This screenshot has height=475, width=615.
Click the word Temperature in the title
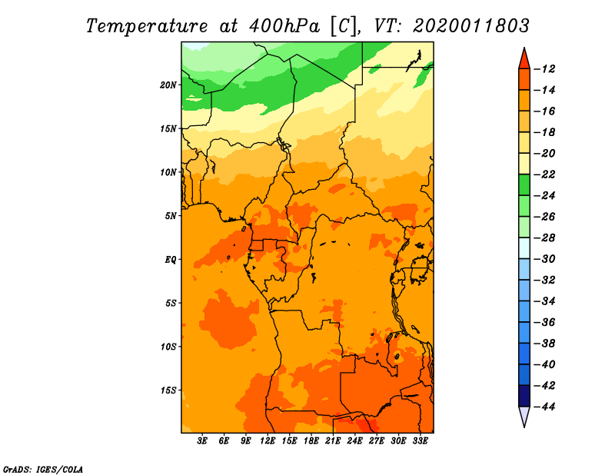[x=147, y=26]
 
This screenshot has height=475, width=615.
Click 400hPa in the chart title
[x=284, y=26]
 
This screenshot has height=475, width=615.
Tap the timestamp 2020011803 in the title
[x=471, y=26]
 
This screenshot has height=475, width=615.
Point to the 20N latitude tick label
[x=168, y=85]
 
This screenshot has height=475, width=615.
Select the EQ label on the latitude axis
[x=171, y=260]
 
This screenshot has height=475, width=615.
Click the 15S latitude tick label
[x=168, y=390]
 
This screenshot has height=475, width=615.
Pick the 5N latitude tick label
[x=171, y=216]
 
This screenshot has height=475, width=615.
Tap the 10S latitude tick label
[x=168, y=347]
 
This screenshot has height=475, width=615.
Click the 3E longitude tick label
[x=202, y=441]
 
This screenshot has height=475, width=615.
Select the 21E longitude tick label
[x=333, y=441]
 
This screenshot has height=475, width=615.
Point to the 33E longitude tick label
[x=420, y=441]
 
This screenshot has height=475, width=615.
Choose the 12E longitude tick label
[x=268, y=441]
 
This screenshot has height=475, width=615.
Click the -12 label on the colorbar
[x=544, y=69]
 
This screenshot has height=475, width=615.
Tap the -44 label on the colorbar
[x=544, y=407]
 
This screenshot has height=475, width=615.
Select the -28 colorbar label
[x=544, y=237]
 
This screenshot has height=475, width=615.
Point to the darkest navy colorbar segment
[x=524, y=396]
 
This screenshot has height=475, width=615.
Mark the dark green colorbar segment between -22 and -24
[x=524, y=184]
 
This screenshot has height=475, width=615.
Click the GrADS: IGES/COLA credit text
[x=43, y=470]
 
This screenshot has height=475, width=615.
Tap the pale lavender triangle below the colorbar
[x=524, y=415]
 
